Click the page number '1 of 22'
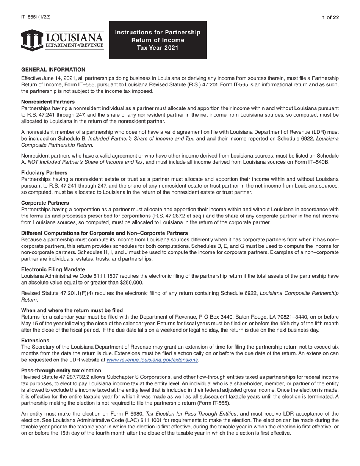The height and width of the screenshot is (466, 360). [330, 17]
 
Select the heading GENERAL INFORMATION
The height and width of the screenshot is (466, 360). [53, 70]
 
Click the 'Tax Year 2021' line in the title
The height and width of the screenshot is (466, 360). [158, 48]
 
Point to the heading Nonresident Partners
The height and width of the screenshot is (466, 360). [48, 102]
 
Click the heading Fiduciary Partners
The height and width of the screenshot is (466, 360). [44, 172]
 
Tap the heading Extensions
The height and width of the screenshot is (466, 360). [35, 341]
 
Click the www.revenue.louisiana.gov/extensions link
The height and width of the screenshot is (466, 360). [152, 360]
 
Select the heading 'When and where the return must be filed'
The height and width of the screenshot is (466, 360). [72, 310]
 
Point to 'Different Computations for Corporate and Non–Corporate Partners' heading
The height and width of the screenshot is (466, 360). [104, 233]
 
